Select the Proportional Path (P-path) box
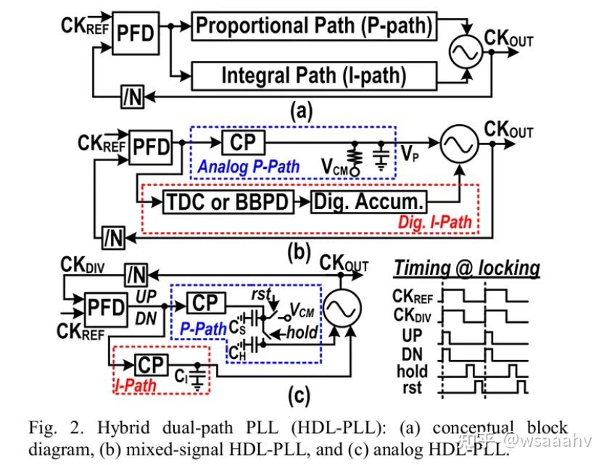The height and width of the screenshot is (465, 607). coord(314,26)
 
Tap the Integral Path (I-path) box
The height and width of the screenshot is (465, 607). coord(314,75)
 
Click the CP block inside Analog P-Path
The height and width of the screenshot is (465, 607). coord(244,142)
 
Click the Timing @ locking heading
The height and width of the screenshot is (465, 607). coord(466,268)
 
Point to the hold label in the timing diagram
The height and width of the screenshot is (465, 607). coord(413,371)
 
